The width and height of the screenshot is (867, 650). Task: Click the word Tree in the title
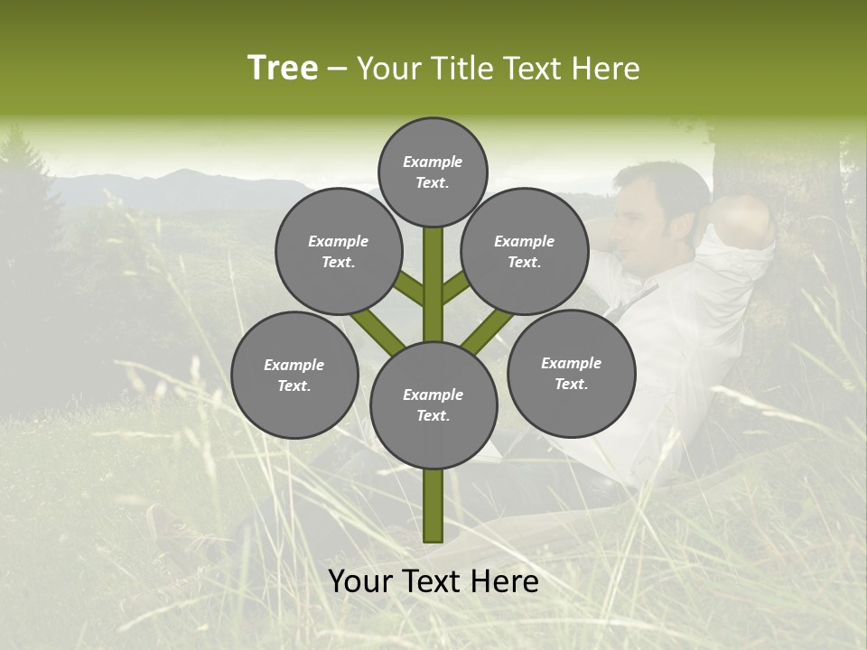(x=283, y=69)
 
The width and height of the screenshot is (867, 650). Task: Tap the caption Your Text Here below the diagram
(x=433, y=581)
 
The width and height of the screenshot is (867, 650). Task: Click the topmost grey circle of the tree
(x=433, y=172)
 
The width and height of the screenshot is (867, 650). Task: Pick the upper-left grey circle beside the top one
(x=339, y=251)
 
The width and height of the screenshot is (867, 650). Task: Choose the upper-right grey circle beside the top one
(x=525, y=251)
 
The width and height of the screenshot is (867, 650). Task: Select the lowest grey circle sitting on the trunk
(x=433, y=405)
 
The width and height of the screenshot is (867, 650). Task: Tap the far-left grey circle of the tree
(x=294, y=375)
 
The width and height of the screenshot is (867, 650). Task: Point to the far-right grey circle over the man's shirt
(x=571, y=373)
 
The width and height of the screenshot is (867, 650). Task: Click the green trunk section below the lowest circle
(x=433, y=506)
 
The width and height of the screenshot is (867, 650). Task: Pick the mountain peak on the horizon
(x=180, y=173)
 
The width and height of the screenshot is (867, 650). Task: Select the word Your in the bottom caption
(x=359, y=581)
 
